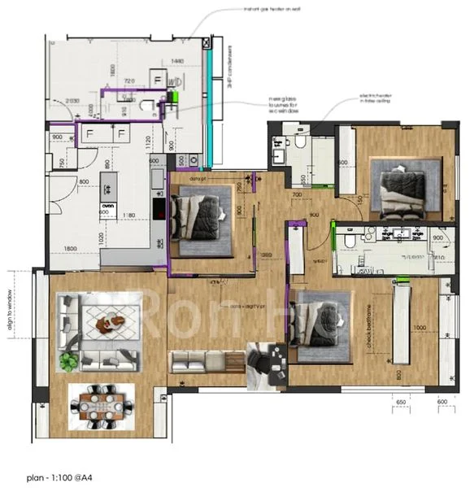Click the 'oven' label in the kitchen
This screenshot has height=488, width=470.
pos(107,206)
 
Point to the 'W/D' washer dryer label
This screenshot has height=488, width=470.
pos(174,82)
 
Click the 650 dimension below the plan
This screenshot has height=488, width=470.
pos(401,402)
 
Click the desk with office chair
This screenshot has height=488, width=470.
pos(265,364)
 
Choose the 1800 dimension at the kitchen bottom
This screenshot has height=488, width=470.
pos(70,248)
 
